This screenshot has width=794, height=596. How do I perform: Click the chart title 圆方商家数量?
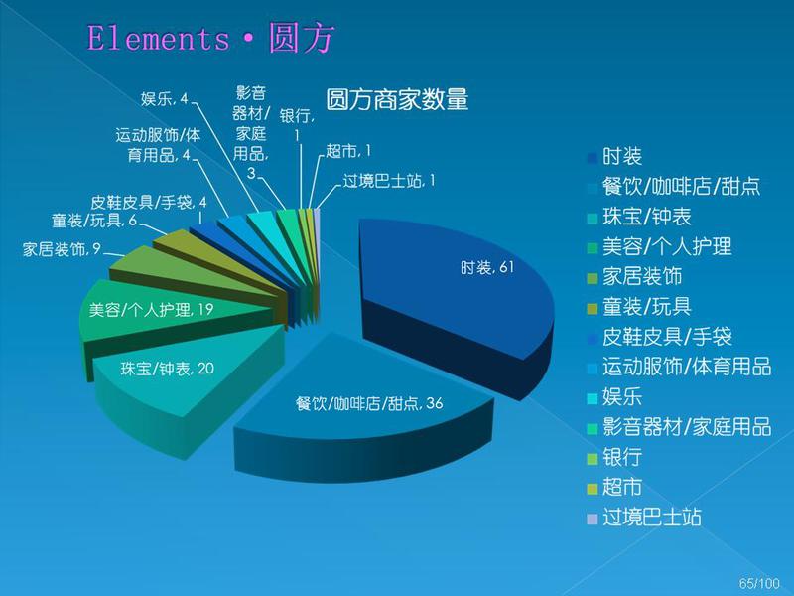[396, 99]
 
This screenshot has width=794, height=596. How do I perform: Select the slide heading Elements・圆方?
[210, 38]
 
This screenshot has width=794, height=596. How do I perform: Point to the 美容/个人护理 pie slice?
[152, 310]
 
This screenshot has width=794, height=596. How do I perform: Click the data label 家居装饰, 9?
[62, 249]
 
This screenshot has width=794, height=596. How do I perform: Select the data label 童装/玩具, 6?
[94, 221]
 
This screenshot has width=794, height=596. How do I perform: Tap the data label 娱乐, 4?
[165, 98]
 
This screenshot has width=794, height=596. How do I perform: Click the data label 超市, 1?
[348, 151]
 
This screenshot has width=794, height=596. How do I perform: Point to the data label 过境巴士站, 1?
[389, 181]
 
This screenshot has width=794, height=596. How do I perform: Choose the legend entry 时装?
[614, 156]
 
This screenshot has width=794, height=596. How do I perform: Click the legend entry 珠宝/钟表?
[639, 217]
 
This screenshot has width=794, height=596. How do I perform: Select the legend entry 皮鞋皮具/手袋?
[659, 337]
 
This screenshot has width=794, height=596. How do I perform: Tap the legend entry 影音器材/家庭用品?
[679, 427]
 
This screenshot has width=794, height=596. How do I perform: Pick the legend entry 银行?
[614, 457]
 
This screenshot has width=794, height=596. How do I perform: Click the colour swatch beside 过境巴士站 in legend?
[592, 519]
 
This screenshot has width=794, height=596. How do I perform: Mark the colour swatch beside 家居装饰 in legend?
[592, 278]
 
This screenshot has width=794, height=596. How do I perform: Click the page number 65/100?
[759, 583]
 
